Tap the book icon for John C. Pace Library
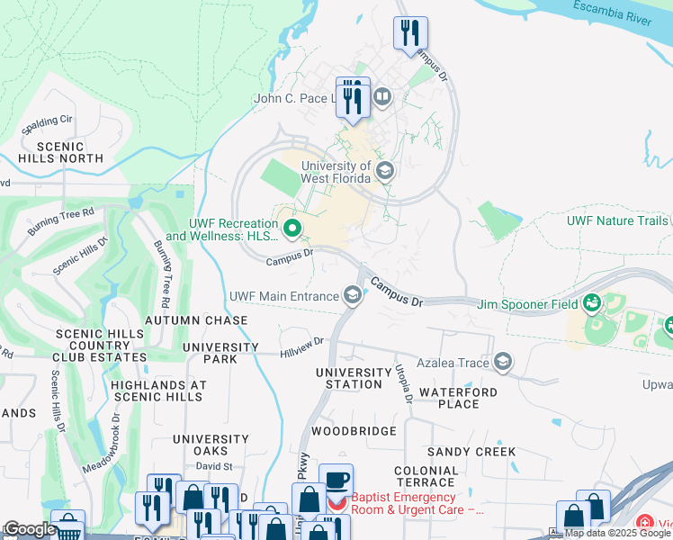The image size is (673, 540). pyautogui.click(x=382, y=96)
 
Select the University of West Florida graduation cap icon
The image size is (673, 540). pyautogui.click(x=385, y=171)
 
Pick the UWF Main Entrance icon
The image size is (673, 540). pyautogui.click(x=353, y=295)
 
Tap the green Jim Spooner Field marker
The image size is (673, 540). pyautogui.click(x=592, y=304)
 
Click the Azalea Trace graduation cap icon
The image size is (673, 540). pyautogui.click(x=503, y=363)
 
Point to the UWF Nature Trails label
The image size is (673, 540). pyautogui.click(x=617, y=220)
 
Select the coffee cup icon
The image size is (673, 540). pyautogui.click(x=336, y=479)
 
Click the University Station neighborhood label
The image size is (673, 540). pyautogui.click(x=354, y=378)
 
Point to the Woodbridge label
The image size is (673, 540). pyautogui.click(x=354, y=431)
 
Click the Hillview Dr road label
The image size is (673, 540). pyautogui.click(x=301, y=343)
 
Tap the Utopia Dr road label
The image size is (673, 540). pyautogui.click(x=403, y=383)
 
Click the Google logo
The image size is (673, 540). pyautogui.click(x=29, y=529)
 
